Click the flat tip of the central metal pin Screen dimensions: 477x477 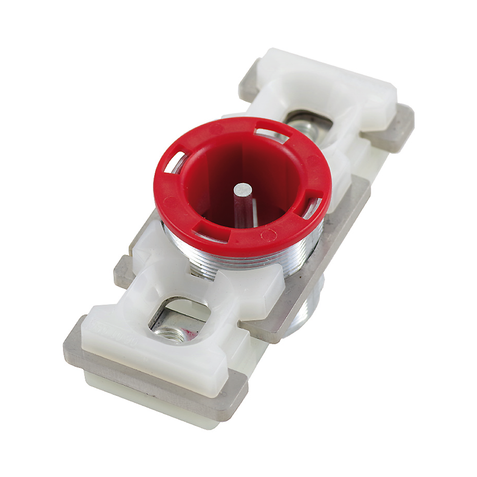[243, 189]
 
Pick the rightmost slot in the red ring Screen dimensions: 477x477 [311, 205]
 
